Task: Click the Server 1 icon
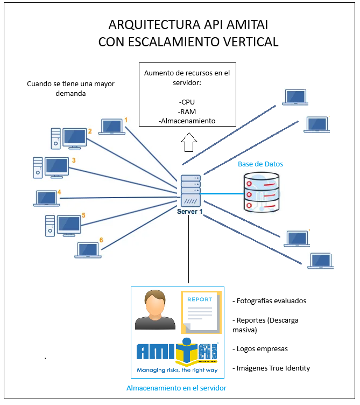pyautogui.click(x=190, y=191)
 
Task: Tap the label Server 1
pyautogui.click(x=190, y=212)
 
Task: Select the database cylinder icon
pyautogui.click(x=262, y=192)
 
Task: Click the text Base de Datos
pyautogui.click(x=260, y=164)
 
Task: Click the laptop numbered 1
pyautogui.click(x=112, y=127)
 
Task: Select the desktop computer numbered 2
pyautogui.click(x=69, y=138)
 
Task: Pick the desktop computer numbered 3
pyautogui.click(x=51, y=167)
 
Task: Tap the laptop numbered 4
pyautogui.click(x=46, y=198)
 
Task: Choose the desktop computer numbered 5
pyautogui.click(x=63, y=225)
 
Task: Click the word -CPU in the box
pyautogui.click(x=187, y=102)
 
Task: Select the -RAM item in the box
pyautogui.click(x=187, y=111)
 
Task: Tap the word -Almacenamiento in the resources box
pyautogui.click(x=187, y=121)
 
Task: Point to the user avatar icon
pyautogui.click(x=156, y=310)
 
